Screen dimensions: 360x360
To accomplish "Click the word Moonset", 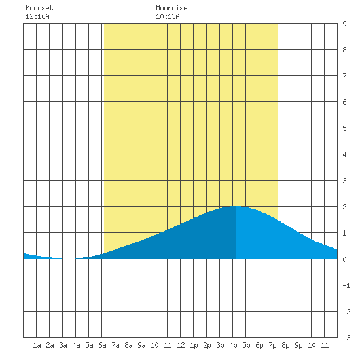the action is [39, 8].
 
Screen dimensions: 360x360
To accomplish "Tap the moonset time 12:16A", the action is [37, 16].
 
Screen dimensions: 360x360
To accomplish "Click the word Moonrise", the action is [171, 8].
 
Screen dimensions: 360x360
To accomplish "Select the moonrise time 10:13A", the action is [168, 16].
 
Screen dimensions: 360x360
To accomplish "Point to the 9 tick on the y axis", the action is [344, 24].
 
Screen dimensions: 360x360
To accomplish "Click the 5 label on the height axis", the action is [344, 128].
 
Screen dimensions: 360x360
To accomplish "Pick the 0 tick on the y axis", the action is [344, 259].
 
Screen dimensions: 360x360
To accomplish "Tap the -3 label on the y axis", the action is [346, 338].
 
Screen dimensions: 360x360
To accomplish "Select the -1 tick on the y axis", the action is [346, 285].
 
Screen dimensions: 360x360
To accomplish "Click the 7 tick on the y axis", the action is [344, 76].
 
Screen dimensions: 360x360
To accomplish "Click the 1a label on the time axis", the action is [37, 345].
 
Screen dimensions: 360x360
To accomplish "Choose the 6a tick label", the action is [102, 345].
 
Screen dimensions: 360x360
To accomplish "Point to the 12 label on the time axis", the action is [181, 345].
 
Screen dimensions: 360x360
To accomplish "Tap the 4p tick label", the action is [233, 345].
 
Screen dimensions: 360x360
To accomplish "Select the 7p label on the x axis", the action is [272, 345].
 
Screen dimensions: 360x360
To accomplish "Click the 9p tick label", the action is [298, 345].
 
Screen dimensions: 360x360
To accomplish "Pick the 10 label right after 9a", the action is [154, 345].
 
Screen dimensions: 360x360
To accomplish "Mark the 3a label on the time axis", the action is [63, 345].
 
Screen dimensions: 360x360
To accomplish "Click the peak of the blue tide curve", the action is [236, 207].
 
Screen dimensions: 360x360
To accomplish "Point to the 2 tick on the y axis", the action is [344, 207].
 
